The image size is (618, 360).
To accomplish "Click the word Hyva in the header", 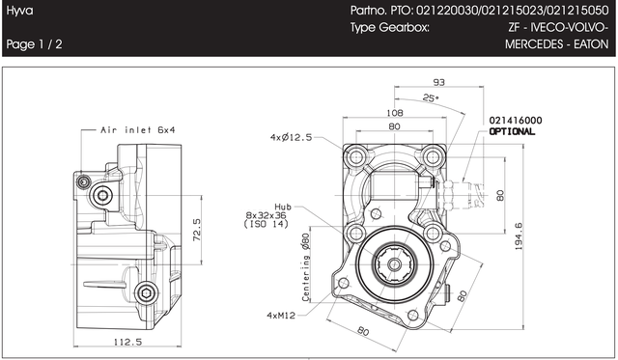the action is point(19,11).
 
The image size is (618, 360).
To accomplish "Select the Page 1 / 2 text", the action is point(35,43).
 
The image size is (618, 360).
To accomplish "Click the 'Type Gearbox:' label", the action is point(389,28).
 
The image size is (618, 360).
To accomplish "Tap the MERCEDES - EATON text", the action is point(556,43).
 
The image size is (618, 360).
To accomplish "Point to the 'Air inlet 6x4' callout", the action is point(137,130).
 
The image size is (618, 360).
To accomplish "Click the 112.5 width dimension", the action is point(127,342).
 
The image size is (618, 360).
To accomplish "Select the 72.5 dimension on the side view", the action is point(197,230).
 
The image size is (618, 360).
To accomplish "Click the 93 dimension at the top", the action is point(438,82).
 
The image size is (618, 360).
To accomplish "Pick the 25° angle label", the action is point(431,97).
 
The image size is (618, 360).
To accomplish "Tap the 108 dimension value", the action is point(395,113).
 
